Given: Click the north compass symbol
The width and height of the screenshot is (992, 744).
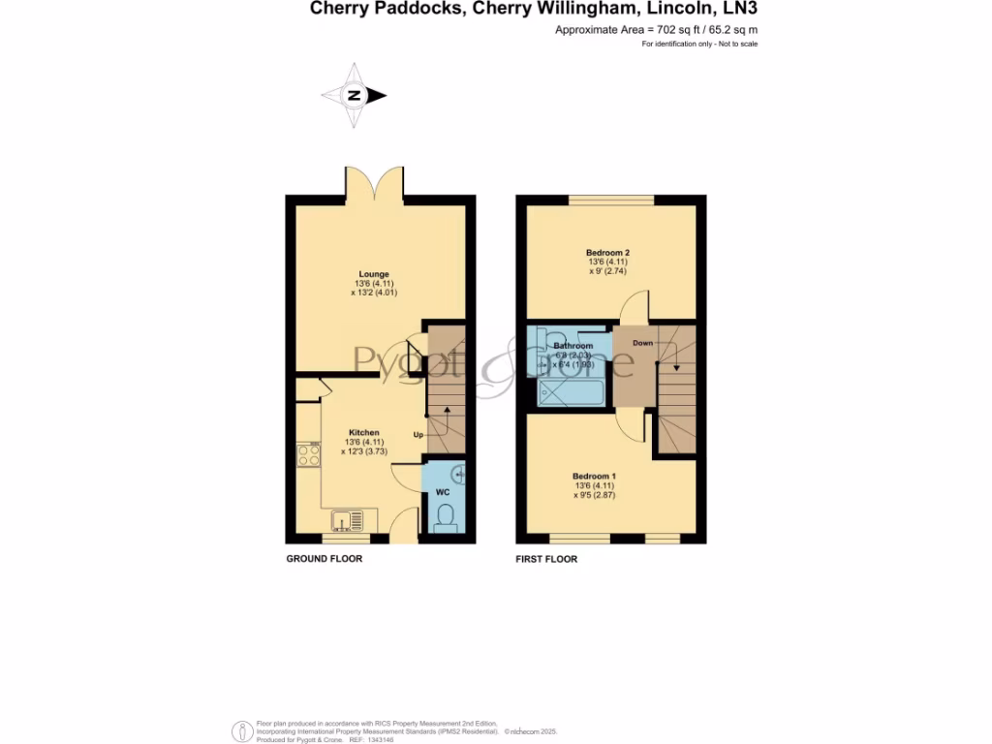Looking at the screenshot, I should pos(355,95).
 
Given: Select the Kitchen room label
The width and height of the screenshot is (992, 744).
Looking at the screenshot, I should pos(364,432).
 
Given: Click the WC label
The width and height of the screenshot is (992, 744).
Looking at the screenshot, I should pos(443,493).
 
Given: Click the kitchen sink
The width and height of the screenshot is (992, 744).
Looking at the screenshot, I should pos(348,521).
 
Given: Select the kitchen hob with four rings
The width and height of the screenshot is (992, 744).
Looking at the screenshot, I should pos(309,454).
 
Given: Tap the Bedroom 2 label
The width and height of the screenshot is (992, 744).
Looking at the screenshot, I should pos(595,253).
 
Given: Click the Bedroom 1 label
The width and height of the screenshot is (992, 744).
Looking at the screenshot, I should pos(594,476).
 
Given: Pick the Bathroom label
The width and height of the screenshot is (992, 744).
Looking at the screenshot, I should pos(573,346).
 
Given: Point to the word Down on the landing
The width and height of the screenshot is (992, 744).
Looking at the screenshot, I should pos(642,343).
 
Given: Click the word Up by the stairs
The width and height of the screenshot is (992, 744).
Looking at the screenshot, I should pos(418,434).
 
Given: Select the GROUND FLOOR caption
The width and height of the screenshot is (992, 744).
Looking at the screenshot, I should pos(324,559).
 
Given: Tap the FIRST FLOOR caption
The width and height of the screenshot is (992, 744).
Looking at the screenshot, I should pos(546,559).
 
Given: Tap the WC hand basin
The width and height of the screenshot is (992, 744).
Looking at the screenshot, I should pos(459,474).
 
